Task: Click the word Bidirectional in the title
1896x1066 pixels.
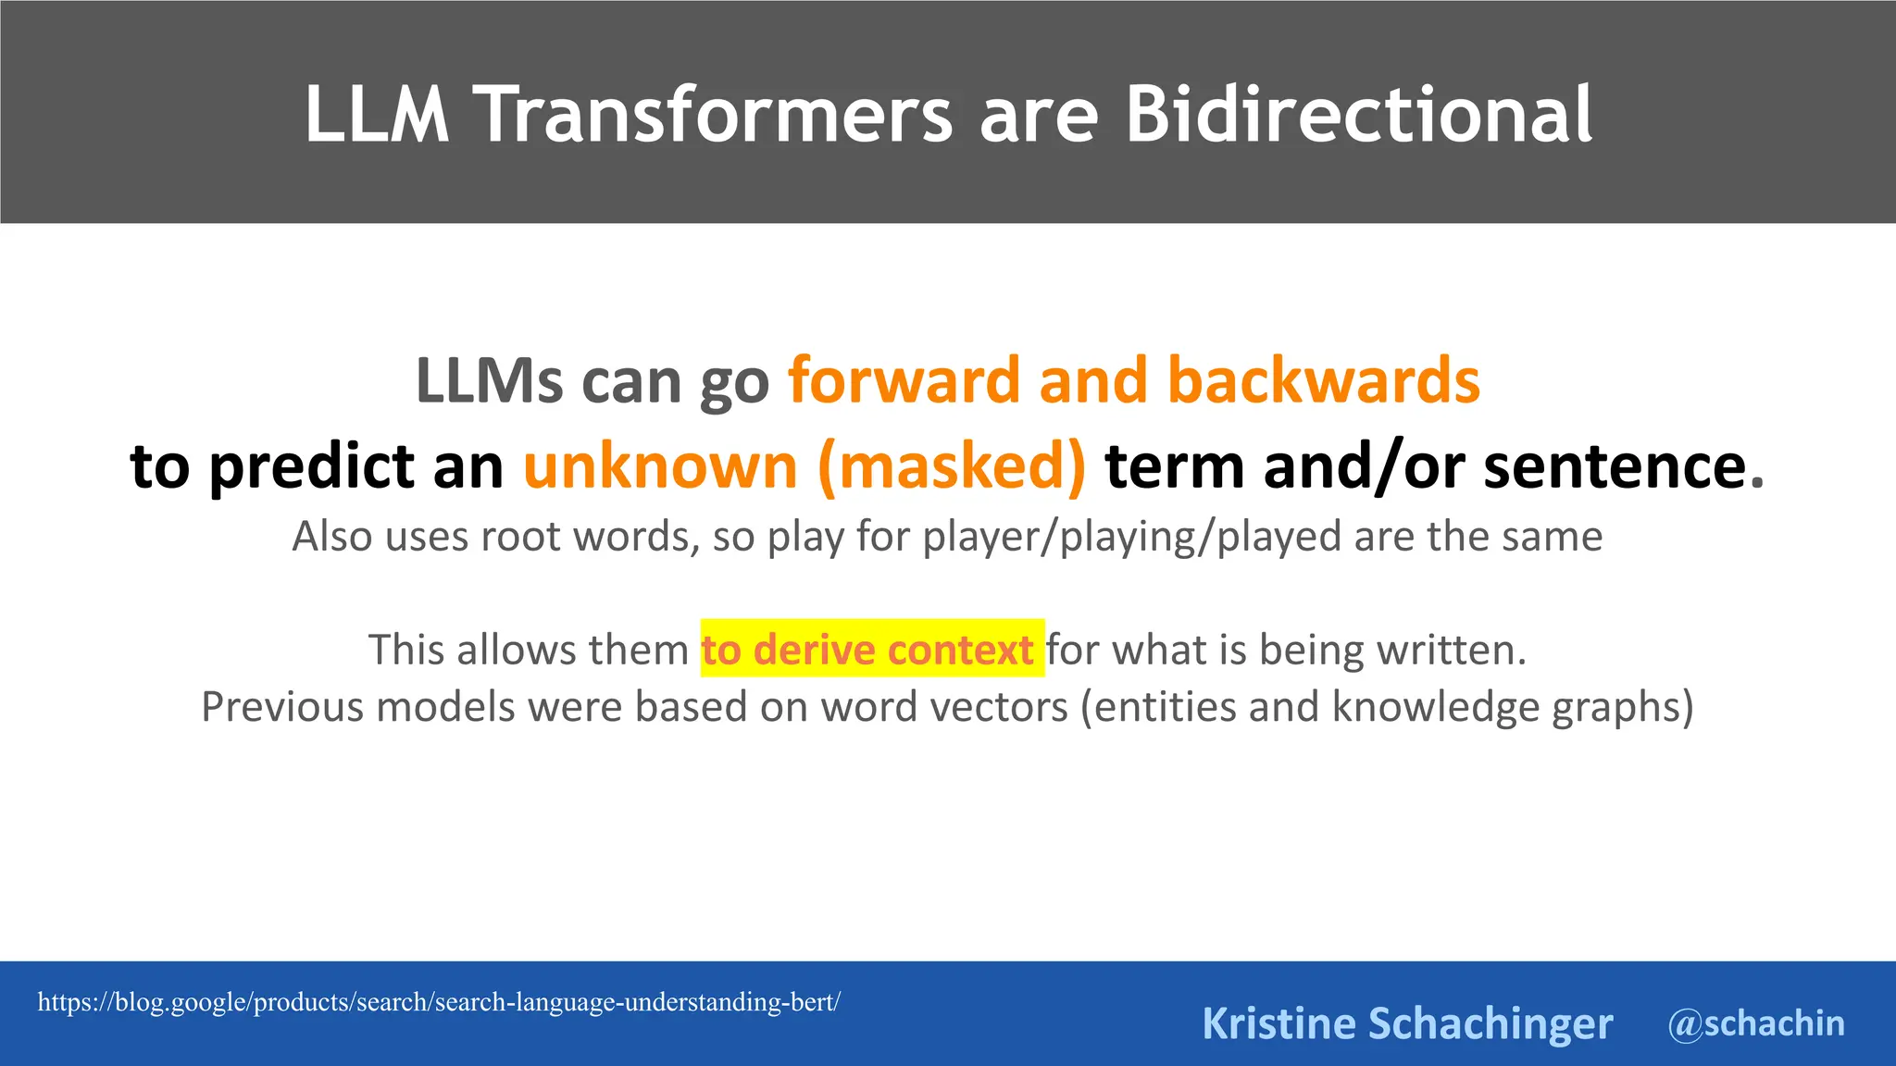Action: tap(1358, 114)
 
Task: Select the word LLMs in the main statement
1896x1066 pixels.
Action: tap(489, 380)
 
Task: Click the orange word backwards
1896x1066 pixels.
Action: tap(1323, 380)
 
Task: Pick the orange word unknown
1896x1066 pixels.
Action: tap(660, 465)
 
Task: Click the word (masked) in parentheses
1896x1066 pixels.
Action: tap(952, 465)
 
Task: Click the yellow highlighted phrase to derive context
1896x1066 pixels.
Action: tap(867, 650)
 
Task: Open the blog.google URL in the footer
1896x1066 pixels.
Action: tap(439, 1002)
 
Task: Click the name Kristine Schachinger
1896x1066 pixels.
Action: tap(1406, 1023)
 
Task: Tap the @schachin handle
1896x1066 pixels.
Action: tap(1755, 1023)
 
